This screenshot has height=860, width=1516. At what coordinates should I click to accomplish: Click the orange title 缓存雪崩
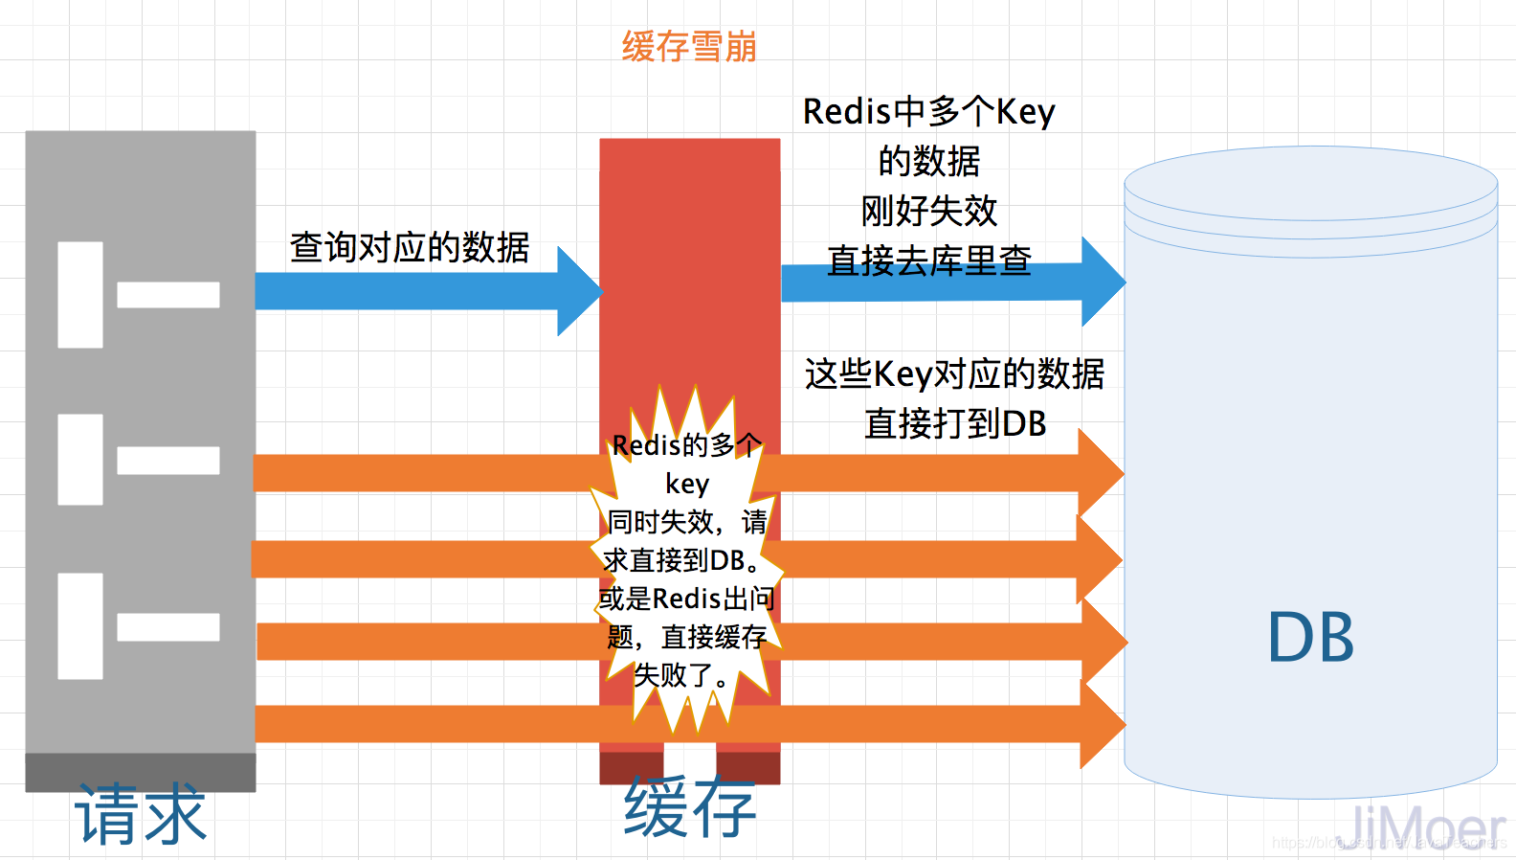tap(689, 46)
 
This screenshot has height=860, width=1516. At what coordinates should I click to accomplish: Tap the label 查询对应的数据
tap(410, 247)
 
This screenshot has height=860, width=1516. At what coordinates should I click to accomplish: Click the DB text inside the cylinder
tap(1310, 638)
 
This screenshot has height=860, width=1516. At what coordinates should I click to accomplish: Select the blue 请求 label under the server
tap(141, 815)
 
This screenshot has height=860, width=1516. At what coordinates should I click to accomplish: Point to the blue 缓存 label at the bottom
tap(689, 807)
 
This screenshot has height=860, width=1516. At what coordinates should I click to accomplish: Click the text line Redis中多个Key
tap(928, 111)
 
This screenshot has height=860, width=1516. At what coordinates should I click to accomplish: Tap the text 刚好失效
tap(928, 211)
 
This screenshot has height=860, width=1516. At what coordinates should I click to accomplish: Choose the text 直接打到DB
tap(955, 423)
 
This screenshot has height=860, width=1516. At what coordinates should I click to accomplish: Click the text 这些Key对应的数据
tap(954, 373)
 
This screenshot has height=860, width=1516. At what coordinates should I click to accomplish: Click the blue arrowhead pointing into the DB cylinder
tap(1103, 282)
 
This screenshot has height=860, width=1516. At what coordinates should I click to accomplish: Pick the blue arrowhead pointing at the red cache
tap(579, 291)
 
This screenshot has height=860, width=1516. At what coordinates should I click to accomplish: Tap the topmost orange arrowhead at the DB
tap(1101, 473)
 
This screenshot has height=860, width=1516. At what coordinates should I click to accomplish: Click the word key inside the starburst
tap(687, 484)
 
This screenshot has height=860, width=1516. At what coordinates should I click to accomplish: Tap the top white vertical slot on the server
tap(80, 294)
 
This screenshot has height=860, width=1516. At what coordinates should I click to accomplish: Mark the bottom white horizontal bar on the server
tap(168, 627)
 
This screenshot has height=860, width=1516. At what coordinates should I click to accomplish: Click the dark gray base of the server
tap(141, 772)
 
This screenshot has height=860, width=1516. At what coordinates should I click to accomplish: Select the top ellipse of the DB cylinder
tap(1310, 182)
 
